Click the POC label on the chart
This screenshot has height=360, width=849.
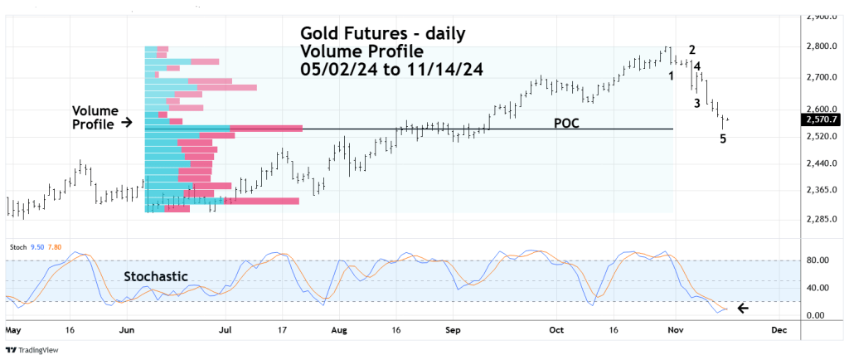point(566,123)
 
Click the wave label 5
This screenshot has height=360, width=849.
point(723,139)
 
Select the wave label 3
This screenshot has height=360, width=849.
point(697,103)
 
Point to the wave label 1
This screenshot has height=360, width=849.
point(671,76)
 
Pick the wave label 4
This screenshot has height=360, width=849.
point(697,66)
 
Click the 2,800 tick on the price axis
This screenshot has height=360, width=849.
point(820,46)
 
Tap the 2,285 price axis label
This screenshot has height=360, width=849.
point(820,220)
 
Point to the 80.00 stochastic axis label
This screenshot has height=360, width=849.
point(818,260)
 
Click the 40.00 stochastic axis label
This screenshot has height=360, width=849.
point(818,289)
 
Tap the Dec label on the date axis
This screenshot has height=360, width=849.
point(778,329)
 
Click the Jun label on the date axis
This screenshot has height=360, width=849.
point(128,329)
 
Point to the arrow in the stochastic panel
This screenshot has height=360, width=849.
point(744,309)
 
